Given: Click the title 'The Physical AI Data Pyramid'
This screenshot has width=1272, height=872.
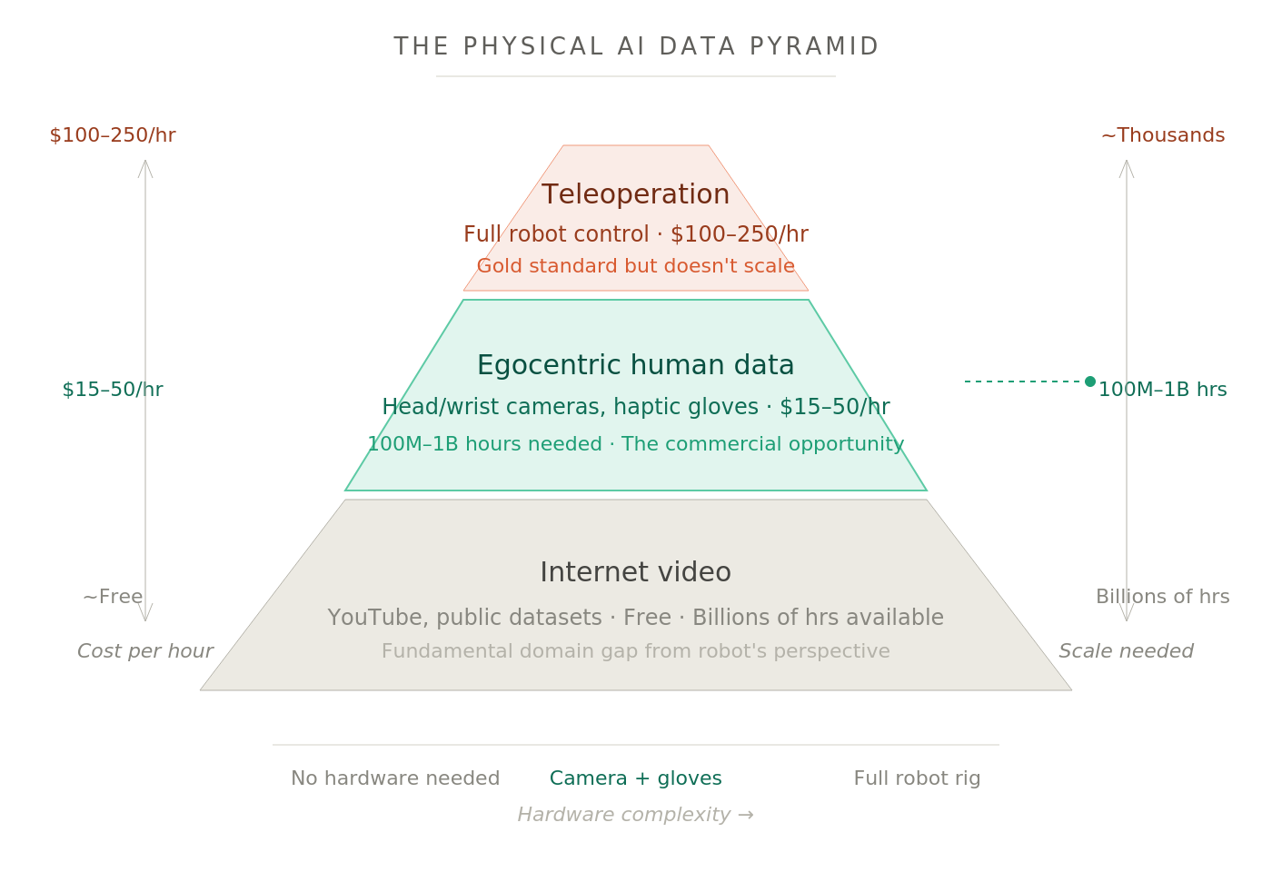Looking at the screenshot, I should point(636,47).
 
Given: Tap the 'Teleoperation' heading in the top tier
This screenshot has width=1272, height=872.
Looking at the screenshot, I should point(636,195).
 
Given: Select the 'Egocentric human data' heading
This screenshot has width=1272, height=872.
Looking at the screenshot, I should point(636,366).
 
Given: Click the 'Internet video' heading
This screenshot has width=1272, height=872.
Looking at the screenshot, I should point(636,573).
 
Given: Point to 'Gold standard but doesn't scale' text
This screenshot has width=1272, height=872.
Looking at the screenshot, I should point(636,267).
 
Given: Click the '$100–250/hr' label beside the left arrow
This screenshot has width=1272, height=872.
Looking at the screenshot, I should point(113,136).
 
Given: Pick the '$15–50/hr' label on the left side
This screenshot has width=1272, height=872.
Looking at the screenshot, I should point(113,391).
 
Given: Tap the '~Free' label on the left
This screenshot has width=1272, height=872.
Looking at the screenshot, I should point(113,598).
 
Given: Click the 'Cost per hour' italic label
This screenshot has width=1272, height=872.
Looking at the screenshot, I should point(145,652).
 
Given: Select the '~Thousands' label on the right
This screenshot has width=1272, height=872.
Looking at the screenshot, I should point(1163,136).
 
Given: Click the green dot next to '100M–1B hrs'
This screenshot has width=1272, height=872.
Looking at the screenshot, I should point(1090,381).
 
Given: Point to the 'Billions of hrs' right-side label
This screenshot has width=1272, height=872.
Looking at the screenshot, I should point(1163,598).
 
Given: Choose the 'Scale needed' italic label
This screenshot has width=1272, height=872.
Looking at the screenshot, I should point(1127,652).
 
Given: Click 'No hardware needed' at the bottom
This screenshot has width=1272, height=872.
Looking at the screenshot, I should point(395,779).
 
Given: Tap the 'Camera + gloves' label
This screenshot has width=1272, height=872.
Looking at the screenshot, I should point(636,779).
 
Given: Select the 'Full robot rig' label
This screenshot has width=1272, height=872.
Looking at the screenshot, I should point(918,779).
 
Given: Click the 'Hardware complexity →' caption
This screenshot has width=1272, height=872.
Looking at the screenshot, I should point(636,816).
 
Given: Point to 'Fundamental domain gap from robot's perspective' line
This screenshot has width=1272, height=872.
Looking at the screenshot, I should point(636,652).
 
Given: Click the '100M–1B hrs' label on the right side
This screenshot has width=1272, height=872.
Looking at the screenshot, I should point(1163,391).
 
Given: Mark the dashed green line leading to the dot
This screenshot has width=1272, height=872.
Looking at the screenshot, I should point(1022,381).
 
